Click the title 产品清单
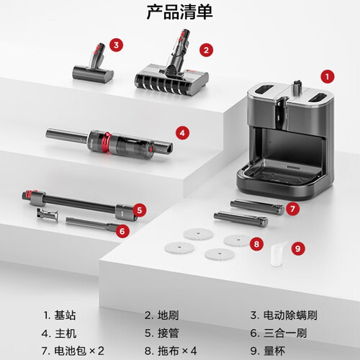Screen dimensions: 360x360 coord(179,12)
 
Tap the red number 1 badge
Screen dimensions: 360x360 coord(328,77)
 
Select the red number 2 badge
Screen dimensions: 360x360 coord(206,50)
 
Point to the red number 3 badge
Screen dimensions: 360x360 coord(117,45)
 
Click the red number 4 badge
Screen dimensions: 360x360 coord(182,132)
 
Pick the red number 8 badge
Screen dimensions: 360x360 coord(256,244)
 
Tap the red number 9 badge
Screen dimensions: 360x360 coord(298,248)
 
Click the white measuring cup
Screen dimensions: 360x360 coord(279,254)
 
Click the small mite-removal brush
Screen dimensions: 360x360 coord(93,65)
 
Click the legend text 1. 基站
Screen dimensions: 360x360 coord(60,315)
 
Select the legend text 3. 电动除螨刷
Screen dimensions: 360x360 coord(284,315)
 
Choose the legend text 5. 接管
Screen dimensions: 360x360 coord(162,333)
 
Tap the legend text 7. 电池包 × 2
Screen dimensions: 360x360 coord(73,351)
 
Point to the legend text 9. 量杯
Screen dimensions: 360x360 coord(268,351)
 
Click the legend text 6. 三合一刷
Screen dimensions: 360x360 coord(279,333)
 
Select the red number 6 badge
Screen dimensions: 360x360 coord(122,231)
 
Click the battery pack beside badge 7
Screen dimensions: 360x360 coord(257,207)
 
